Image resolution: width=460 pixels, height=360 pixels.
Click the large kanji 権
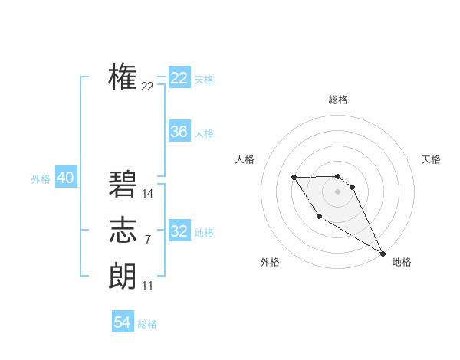coord(123,77)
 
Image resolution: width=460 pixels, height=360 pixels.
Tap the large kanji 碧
coord(123,185)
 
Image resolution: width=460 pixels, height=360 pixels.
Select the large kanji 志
coord(123,231)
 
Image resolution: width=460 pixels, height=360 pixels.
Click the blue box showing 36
coord(179,132)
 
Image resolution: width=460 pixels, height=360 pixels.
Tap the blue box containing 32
coord(179,231)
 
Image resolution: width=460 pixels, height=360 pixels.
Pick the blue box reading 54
coord(123,322)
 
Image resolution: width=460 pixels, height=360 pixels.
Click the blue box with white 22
coord(179,78)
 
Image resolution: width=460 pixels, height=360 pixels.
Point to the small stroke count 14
coord(148,195)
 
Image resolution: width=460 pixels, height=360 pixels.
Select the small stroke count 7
coord(147,241)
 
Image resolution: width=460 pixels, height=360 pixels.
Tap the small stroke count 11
coord(148,286)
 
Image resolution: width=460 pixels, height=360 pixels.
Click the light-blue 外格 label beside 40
coord(41,179)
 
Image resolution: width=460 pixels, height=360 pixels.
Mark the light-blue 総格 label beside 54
coord(147,324)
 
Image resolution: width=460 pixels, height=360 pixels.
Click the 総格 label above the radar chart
coord(338,100)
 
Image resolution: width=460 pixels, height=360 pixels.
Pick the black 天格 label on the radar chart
coord(431,159)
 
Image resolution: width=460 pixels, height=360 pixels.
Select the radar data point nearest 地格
coord(383,253)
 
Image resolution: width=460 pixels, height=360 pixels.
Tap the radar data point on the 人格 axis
coord(294,178)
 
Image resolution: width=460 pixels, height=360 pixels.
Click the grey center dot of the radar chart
coord(338,191)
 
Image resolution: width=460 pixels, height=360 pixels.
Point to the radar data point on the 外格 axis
coord(319,217)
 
